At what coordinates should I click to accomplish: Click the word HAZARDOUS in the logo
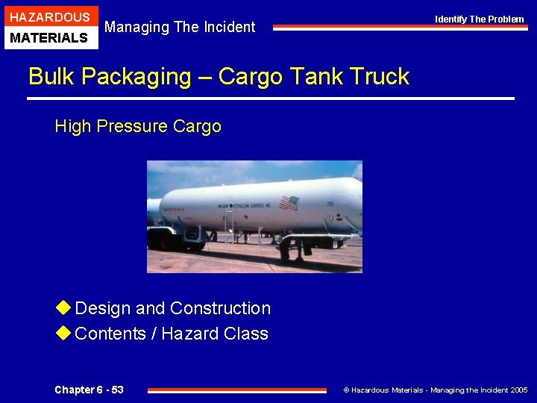[50, 16]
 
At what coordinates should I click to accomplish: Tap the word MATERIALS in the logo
[50, 37]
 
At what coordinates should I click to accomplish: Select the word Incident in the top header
[227, 27]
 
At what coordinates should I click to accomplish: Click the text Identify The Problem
[480, 19]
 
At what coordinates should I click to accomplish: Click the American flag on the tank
[288, 202]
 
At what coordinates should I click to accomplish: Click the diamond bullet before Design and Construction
[63, 307]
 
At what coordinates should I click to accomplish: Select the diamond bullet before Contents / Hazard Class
[63, 333]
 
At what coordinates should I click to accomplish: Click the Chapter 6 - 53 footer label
[89, 390]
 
